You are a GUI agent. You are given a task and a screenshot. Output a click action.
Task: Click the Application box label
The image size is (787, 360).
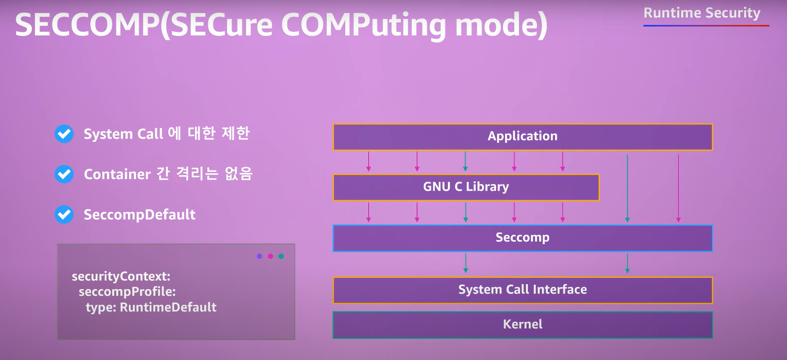[x=522, y=136]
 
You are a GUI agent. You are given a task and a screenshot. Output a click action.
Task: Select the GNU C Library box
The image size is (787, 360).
[x=466, y=187]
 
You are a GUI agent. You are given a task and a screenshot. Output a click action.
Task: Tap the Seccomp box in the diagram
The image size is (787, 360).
[x=522, y=237]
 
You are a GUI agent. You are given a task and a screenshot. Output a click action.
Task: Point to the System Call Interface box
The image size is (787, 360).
[x=522, y=290]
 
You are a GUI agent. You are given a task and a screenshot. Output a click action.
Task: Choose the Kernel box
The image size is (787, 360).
[x=522, y=324]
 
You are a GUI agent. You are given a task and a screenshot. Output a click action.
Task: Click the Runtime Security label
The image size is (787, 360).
[x=702, y=13]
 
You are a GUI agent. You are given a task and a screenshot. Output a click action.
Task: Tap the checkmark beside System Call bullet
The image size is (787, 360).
[x=64, y=134]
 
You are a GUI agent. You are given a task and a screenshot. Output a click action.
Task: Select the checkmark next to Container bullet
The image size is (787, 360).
[x=64, y=174]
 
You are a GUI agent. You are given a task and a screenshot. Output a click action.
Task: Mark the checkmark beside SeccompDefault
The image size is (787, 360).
[x=64, y=215]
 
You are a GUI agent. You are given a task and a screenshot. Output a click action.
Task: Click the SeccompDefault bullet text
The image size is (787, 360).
[x=140, y=215]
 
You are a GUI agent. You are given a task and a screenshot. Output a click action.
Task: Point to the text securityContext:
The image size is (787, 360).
[x=121, y=276]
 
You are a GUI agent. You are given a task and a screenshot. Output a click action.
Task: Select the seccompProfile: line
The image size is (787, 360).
[x=127, y=292]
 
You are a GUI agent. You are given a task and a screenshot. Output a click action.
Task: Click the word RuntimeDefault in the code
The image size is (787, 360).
[x=168, y=307]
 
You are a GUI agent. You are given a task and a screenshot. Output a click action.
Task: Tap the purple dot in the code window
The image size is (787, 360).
[x=259, y=256]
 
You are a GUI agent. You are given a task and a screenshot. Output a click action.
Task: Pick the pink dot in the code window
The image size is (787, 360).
[x=270, y=256]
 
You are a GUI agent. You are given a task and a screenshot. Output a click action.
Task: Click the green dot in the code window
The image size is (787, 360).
[x=281, y=256]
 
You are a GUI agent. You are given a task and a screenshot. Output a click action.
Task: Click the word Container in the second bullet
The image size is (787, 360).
[x=117, y=174]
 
